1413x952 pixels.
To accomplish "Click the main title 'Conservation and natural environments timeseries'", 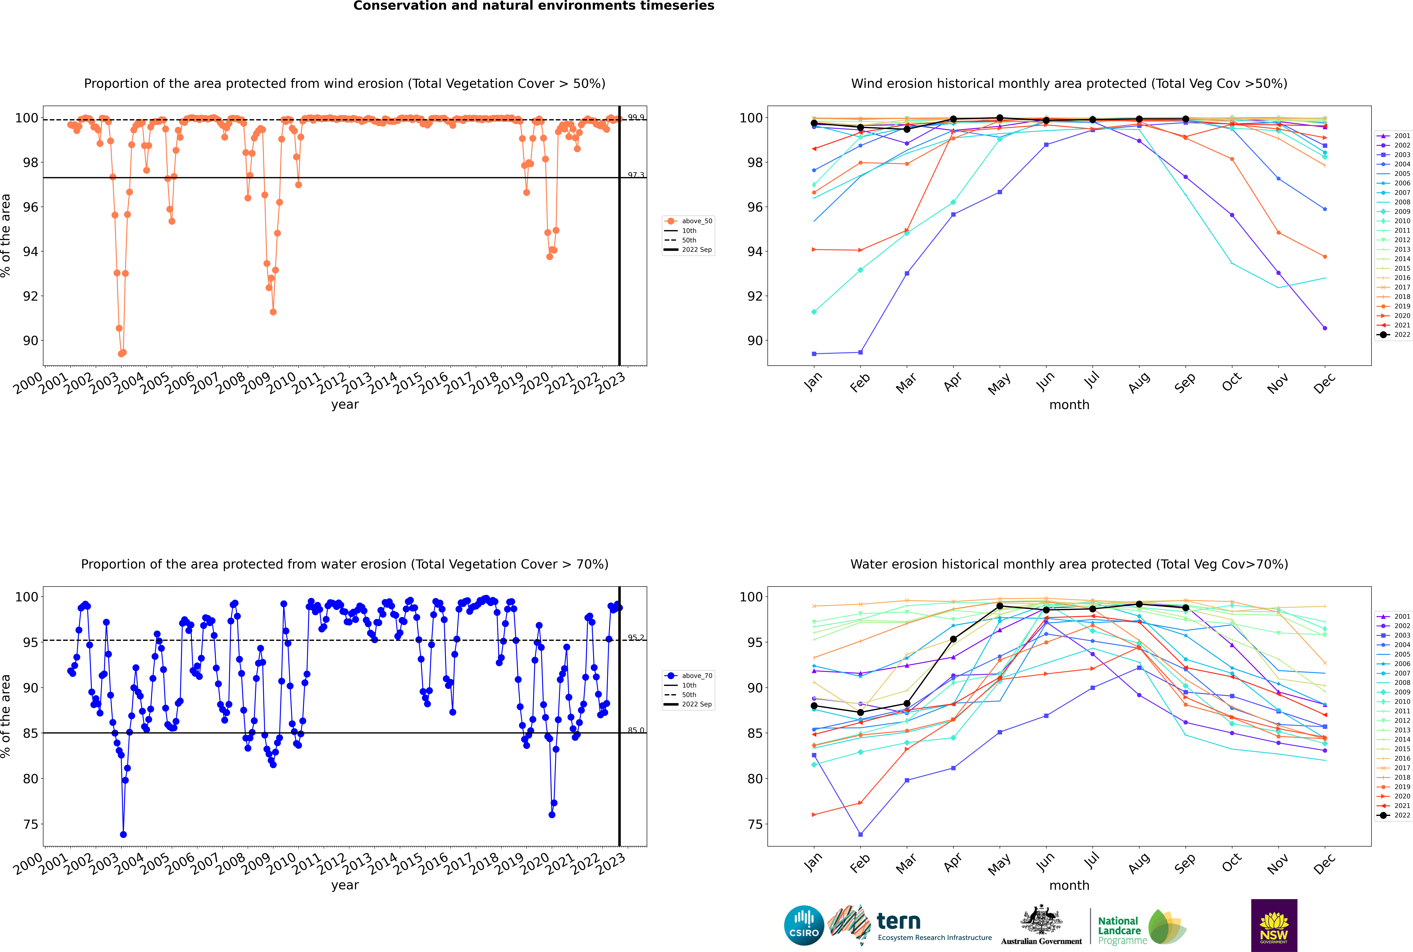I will (x=533, y=6).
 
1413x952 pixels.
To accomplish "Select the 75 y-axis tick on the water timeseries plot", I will (x=30, y=825).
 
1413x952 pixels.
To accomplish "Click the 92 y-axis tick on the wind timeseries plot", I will (x=30, y=296).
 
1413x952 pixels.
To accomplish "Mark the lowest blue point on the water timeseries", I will (x=123, y=835).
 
